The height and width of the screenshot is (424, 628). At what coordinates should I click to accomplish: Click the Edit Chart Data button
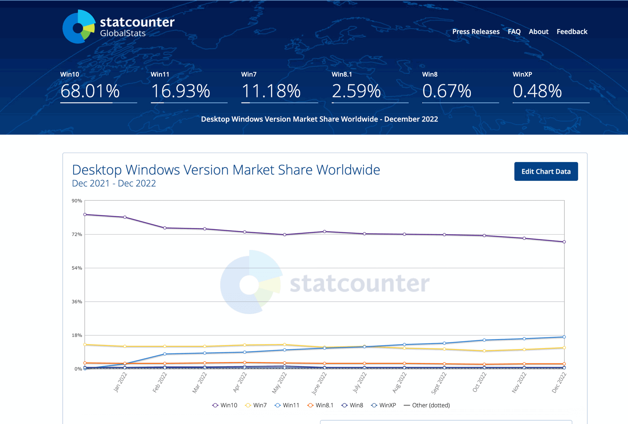point(546,171)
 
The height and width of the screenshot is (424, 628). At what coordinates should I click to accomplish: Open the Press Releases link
point(476,31)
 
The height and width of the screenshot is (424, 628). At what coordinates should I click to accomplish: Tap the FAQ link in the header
point(514,31)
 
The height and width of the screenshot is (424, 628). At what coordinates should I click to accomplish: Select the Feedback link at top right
point(572,31)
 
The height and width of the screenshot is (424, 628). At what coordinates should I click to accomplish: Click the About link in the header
point(539,31)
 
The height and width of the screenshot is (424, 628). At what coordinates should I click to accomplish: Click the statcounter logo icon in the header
point(79,27)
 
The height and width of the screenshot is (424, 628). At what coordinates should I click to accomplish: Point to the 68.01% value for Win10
point(90,91)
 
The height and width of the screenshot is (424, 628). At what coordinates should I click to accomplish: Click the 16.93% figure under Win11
point(180,91)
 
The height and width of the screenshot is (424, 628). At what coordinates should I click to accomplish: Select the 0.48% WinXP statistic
point(537,91)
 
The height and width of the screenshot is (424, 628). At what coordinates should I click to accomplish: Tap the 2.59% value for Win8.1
point(356,91)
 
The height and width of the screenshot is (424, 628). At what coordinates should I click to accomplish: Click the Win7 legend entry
point(256,405)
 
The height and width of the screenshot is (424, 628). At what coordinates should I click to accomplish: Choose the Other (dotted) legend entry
point(427,405)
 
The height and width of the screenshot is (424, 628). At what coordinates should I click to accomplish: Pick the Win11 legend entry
point(287,405)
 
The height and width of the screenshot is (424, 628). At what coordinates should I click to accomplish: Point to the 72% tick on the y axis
point(77,234)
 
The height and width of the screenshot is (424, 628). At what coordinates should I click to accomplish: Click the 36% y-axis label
point(77,302)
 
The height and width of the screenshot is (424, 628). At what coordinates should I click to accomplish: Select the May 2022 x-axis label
point(279,383)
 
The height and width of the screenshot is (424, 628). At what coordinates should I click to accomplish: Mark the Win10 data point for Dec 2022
point(564,242)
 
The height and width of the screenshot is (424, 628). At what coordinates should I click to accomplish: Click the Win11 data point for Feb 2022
point(165,354)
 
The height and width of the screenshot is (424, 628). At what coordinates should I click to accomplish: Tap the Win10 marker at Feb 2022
point(165,228)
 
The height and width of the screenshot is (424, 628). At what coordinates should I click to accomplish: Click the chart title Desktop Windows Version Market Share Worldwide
point(226,170)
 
